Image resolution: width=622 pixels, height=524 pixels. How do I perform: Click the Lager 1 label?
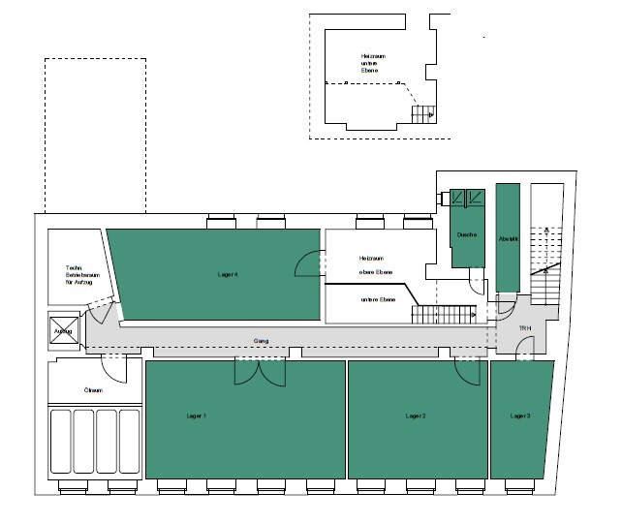click(197, 415)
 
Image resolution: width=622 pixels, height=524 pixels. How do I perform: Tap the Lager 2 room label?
click(418, 415)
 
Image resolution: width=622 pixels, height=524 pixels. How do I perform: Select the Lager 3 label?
click(520, 415)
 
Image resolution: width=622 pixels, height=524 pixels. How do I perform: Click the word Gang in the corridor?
click(261, 342)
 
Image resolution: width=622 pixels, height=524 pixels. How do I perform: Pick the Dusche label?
click(466, 234)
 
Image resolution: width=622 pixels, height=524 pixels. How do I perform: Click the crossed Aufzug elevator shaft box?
click(64, 331)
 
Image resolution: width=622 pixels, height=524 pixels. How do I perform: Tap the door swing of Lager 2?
click(472, 370)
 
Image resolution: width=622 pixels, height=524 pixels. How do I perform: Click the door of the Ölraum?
click(114, 369)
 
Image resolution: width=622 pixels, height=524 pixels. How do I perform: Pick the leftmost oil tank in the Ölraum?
click(60, 441)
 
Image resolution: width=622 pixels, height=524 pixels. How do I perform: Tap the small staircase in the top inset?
click(423, 114)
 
